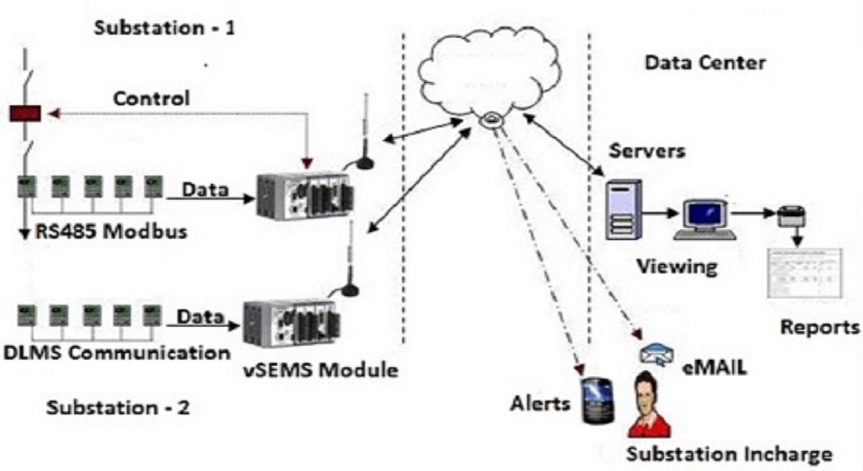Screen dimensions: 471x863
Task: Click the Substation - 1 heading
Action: pyautogui.click(x=165, y=28)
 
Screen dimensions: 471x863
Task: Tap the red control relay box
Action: pyautogui.click(x=25, y=113)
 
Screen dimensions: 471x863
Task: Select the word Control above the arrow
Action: pyautogui.click(x=151, y=98)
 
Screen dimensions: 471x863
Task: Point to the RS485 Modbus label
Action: pyautogui.click(x=111, y=231)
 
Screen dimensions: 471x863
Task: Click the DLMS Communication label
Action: pyautogui.click(x=117, y=352)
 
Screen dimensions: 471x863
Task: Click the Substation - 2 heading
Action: pyautogui.click(x=118, y=408)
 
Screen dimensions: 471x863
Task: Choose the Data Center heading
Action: pyautogui.click(x=705, y=62)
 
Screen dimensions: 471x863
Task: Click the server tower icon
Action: pyautogui.click(x=623, y=209)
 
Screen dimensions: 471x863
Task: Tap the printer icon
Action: pyautogui.click(x=792, y=216)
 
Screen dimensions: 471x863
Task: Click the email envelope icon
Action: pyautogui.click(x=657, y=355)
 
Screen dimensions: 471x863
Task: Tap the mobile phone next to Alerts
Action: pyautogui.click(x=598, y=400)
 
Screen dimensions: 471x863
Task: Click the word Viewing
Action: pyautogui.click(x=677, y=267)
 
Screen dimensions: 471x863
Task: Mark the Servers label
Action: pyautogui.click(x=647, y=151)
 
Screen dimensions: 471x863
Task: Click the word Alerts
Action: pyautogui.click(x=540, y=403)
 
